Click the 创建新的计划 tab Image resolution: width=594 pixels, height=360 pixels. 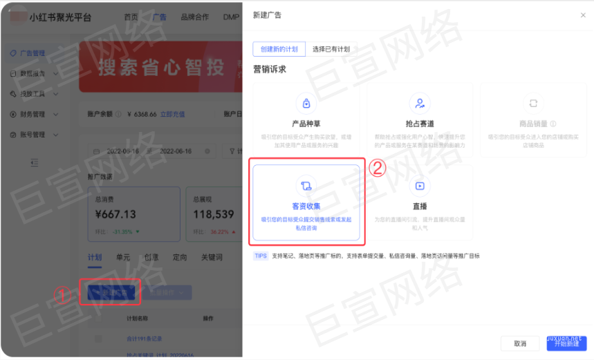coord(279,49)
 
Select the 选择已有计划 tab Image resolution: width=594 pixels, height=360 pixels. coord(331,49)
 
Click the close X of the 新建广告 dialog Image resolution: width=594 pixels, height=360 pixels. coord(582,15)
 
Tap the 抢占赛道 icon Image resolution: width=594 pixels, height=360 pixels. coord(419,104)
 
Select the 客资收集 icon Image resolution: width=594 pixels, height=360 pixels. coord(306,185)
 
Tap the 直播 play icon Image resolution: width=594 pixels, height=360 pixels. coord(419,185)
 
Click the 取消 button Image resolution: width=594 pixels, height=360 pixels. coord(520,343)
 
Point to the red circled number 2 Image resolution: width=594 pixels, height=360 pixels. coord(378,168)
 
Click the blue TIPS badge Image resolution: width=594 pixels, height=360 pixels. coord(261,256)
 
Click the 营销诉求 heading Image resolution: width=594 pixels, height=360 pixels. coord(270,69)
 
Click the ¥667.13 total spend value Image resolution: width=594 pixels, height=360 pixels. coord(115,214)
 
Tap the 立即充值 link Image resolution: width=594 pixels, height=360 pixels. coord(171,114)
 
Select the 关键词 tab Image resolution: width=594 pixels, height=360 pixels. coord(212,258)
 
